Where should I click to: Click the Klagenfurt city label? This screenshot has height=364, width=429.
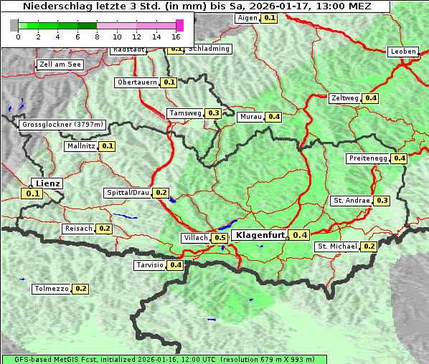click(x=260, y=234)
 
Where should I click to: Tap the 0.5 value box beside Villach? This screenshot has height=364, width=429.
click(x=220, y=238)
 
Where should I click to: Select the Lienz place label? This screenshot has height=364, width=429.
click(x=48, y=183)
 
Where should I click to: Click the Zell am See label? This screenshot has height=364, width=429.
click(x=60, y=64)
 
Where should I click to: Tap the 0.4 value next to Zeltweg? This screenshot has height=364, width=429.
click(x=371, y=98)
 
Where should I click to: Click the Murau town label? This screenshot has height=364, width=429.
click(x=250, y=116)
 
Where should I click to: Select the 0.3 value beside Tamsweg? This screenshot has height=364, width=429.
click(x=213, y=113)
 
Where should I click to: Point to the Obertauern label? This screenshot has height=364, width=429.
click(x=137, y=82)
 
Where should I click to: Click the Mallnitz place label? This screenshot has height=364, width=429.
click(x=80, y=146)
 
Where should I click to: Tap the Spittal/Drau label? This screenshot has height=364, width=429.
click(x=128, y=193)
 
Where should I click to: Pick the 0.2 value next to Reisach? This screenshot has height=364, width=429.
click(x=105, y=229)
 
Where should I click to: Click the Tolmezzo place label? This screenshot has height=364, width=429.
click(x=51, y=289)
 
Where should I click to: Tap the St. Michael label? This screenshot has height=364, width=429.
click(x=337, y=246)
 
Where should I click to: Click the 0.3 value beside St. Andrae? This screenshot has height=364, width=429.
click(x=382, y=201)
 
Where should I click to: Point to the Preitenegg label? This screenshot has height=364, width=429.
click(x=368, y=158)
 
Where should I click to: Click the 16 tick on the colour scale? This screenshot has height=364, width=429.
click(x=176, y=36)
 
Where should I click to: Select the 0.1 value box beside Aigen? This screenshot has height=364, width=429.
click(x=269, y=17)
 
